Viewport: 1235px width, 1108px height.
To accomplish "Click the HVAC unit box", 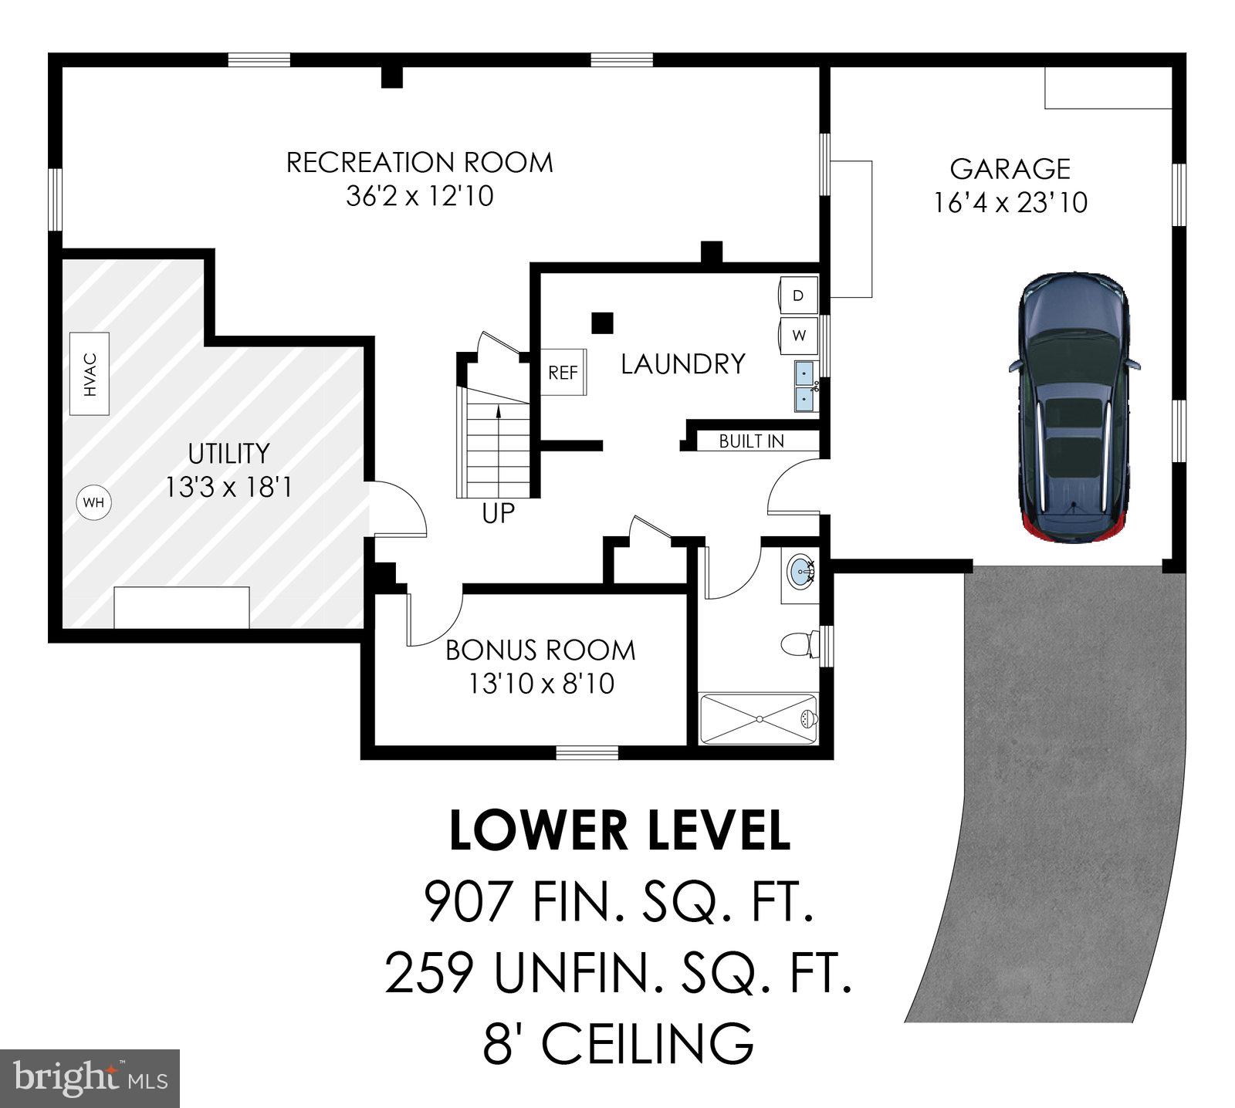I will pos(89,374).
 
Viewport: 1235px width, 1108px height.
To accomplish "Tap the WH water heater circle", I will pos(93,503).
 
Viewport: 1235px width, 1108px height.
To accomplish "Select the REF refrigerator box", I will pos(563,373).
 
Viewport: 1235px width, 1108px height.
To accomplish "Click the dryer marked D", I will pos(799,296).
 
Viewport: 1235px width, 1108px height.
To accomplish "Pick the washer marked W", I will pos(799,336).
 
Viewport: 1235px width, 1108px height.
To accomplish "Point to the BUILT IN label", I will pos(751,441).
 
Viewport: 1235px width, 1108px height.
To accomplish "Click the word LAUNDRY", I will pos(683,363).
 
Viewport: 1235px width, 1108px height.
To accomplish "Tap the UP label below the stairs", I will pos(498,513).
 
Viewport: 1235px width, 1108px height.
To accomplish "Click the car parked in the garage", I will pos(1074,409).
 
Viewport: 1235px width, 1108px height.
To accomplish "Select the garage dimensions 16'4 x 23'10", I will pos(1010,203).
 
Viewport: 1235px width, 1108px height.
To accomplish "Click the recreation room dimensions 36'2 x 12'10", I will pos(419,196).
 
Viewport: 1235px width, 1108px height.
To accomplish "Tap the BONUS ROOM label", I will pos(540,650).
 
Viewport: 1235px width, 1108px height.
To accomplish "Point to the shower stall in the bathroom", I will pos(758,719).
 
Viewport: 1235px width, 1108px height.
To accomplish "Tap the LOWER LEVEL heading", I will pos(619,831).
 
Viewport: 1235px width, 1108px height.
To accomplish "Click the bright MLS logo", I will pos(90,1078).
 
